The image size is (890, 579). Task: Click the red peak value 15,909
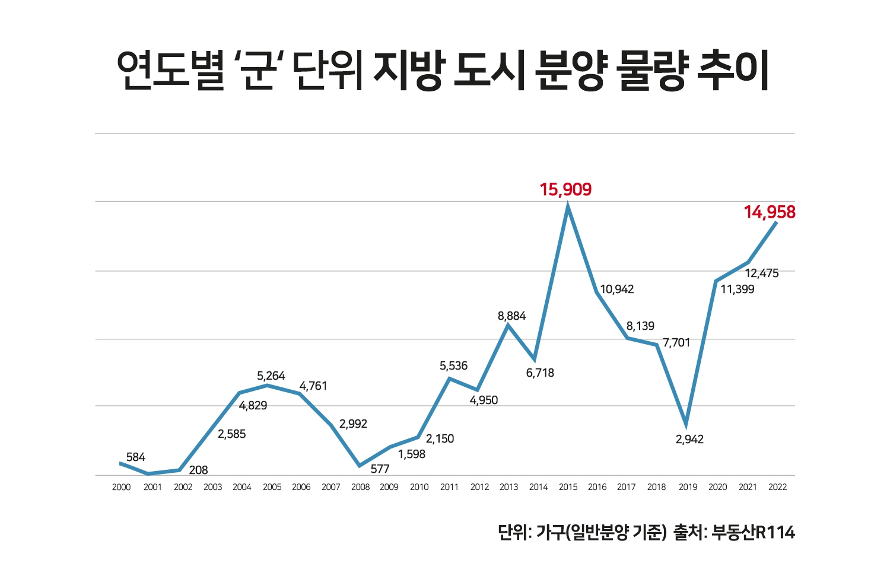pos(565,190)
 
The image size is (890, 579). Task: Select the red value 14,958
pos(770,212)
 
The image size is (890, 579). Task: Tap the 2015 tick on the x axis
pos(568,487)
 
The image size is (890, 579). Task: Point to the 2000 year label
pos(121,487)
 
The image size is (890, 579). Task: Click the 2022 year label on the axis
pos(777,487)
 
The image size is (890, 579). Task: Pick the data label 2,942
pos(689,440)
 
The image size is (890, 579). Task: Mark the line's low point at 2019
pos(686,425)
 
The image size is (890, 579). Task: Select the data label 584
pos(135,457)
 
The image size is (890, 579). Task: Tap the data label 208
pos(198,470)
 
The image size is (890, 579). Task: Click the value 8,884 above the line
pos(511,316)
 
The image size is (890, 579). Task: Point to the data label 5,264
pos(271,376)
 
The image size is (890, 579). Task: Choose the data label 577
pos(380,469)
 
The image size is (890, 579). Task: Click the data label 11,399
pos(738,289)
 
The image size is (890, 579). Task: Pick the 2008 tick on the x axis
pos(360,487)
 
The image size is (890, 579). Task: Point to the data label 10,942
pos(616,289)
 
